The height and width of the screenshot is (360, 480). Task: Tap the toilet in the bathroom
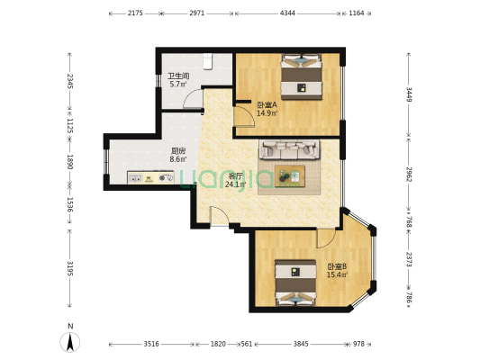[x=207, y=61]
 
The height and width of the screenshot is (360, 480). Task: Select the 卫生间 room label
[x=178, y=76]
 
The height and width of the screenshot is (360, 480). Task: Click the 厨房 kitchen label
[x=178, y=151]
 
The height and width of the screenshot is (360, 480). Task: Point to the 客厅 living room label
[x=235, y=176]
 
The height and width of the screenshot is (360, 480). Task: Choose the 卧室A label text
[x=267, y=105]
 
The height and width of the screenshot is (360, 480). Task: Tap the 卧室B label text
[x=337, y=266]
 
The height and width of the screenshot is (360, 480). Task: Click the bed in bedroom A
[x=302, y=76]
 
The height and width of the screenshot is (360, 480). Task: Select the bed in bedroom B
[x=295, y=283]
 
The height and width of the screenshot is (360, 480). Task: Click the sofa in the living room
[x=289, y=149]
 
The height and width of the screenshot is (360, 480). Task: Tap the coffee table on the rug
[x=290, y=176]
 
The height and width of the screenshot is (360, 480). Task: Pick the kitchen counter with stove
[x=150, y=177]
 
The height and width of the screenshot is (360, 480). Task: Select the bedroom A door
[x=244, y=116]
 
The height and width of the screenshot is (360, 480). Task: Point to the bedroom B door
[x=326, y=238]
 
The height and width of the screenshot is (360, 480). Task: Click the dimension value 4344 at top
[x=288, y=13]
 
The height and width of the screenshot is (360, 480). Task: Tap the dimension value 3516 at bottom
[x=151, y=344]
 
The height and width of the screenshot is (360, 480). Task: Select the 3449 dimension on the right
[x=409, y=94]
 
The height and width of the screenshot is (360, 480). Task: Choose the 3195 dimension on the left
[x=70, y=268]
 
